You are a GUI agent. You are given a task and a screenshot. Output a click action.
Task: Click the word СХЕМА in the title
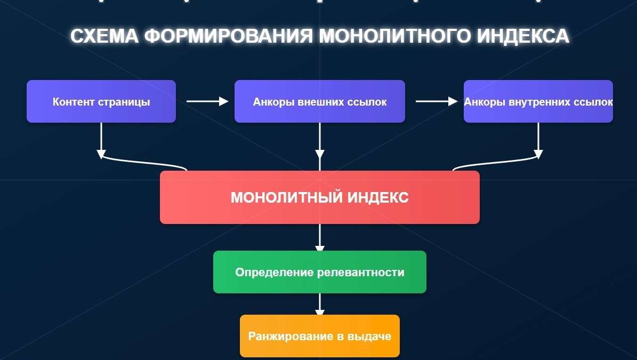[104, 36]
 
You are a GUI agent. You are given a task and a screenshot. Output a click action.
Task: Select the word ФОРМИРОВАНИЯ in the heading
[228, 36]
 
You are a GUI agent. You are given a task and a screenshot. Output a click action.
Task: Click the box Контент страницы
[101, 101]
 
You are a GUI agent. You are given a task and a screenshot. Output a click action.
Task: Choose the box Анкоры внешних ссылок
[320, 101]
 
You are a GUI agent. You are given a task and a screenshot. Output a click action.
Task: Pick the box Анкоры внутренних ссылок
[538, 101]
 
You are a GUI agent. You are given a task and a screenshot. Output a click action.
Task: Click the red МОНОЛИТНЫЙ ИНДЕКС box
[320, 197]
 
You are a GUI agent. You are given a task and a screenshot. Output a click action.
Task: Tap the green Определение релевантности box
[320, 272]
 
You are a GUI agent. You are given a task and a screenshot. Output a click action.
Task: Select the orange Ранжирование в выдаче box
[320, 336]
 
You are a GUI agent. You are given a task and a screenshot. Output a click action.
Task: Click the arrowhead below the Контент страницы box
[101, 154]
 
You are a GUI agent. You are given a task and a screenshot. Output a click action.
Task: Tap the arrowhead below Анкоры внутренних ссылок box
[538, 154]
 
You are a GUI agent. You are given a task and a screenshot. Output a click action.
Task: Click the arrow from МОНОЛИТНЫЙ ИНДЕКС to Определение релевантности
[320, 238]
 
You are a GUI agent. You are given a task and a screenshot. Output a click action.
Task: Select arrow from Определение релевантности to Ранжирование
[320, 305]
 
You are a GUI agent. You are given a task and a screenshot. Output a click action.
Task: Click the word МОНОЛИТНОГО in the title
[393, 36]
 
